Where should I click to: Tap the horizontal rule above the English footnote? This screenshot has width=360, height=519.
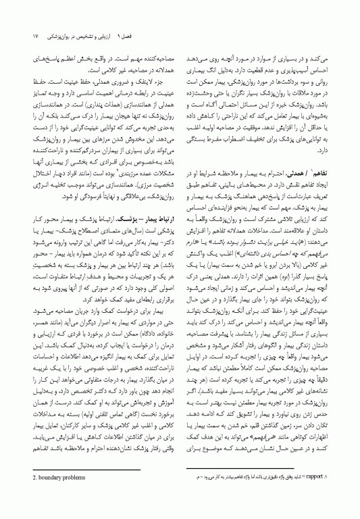[101, 488]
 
